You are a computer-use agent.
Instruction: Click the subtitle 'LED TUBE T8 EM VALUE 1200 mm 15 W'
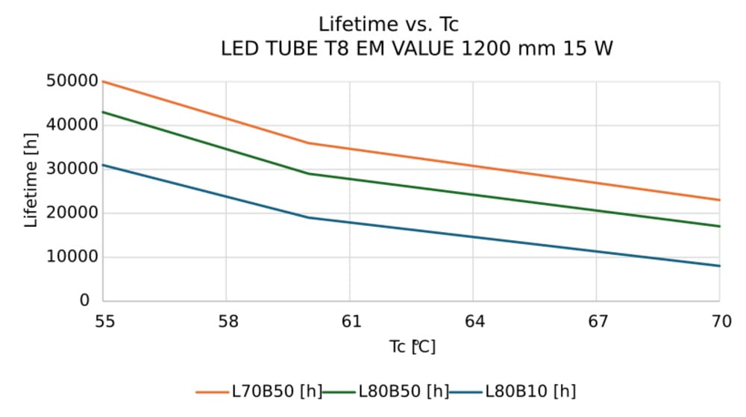(417, 50)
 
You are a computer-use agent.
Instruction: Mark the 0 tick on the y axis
(85, 301)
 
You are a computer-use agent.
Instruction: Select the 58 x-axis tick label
(227, 322)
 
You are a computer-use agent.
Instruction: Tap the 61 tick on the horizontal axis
(351, 322)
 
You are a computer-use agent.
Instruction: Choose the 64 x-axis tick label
(474, 322)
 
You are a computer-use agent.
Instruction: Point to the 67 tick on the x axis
(598, 322)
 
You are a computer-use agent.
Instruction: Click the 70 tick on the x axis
(720, 322)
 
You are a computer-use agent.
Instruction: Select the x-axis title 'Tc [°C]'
(412, 347)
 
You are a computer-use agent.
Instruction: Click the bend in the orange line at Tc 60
(309, 143)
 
